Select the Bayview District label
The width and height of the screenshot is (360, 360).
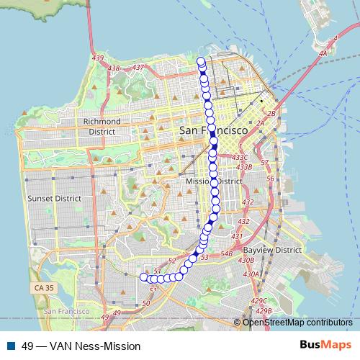click(x=272, y=250)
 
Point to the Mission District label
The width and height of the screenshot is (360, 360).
click(x=213, y=181)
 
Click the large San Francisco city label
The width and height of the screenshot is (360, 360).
click(x=213, y=132)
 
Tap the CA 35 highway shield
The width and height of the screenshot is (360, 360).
click(x=42, y=287)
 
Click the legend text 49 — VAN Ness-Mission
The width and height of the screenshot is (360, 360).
click(x=81, y=346)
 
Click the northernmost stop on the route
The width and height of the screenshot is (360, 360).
click(x=202, y=61)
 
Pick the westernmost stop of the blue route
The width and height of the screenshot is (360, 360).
click(x=143, y=276)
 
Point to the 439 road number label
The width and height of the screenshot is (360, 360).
click(x=99, y=57)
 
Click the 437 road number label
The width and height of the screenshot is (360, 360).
click(x=139, y=67)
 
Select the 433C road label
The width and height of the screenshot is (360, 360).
click(x=240, y=157)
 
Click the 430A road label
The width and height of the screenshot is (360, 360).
click(x=251, y=274)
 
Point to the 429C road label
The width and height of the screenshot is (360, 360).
click(x=258, y=300)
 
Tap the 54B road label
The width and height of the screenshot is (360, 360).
click(x=226, y=253)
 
